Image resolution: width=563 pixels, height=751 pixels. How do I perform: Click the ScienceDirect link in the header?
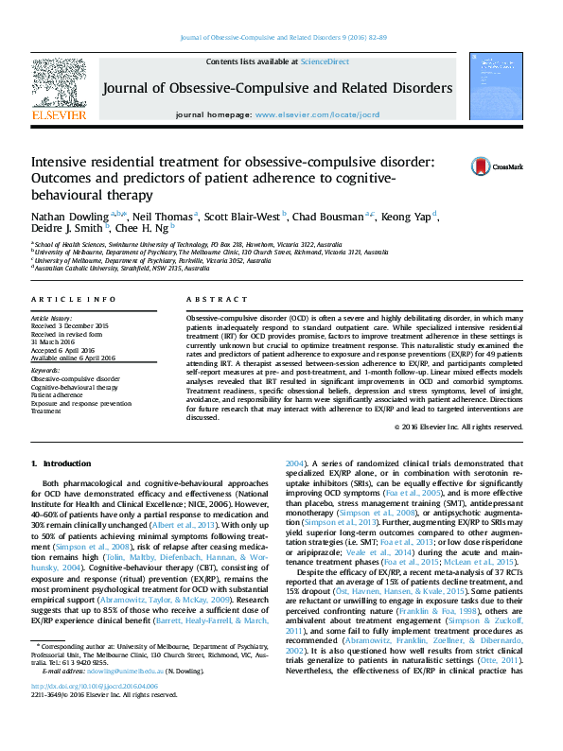324,61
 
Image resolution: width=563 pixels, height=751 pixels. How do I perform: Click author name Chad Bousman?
336,217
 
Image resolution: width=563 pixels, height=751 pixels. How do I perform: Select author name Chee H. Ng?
167,229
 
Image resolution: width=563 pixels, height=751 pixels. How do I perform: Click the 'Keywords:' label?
45,370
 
